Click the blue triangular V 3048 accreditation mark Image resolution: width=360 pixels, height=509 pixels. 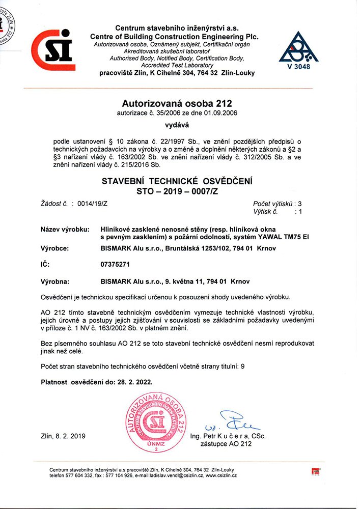(298, 51)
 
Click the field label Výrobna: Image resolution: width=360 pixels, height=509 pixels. (55, 281)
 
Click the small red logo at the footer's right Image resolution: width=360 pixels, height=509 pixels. (314, 471)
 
